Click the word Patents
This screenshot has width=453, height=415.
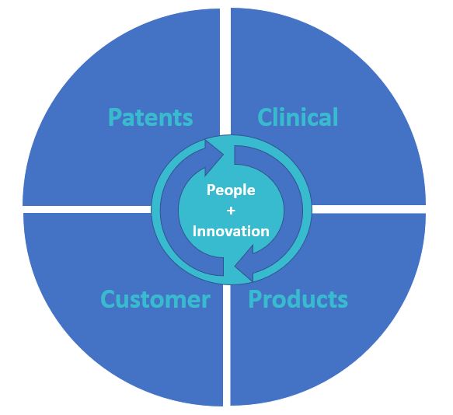[x=151, y=117]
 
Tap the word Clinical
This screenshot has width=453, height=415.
[x=298, y=117]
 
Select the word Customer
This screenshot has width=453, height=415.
[x=155, y=299]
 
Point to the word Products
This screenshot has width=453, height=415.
[x=298, y=299]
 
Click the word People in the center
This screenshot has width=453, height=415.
[x=231, y=190]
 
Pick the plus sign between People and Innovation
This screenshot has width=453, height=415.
[x=231, y=211]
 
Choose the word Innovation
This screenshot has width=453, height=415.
[x=231, y=231]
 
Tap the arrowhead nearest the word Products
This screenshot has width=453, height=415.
[x=244, y=263]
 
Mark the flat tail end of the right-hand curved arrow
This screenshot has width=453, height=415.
[x=235, y=155]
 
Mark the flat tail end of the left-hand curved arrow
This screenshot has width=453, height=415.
[x=223, y=266]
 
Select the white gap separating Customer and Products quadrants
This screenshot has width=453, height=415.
[x=227, y=345]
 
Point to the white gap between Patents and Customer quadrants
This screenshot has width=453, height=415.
[x=87, y=210]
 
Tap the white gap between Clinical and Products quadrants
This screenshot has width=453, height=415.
[x=368, y=209]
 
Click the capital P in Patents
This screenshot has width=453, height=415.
[x=115, y=117]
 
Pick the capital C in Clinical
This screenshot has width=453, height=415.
[x=264, y=117]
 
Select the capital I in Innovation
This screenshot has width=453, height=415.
[x=194, y=231]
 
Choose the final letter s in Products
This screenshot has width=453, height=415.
[x=343, y=302]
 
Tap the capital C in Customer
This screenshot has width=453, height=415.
[x=107, y=299]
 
